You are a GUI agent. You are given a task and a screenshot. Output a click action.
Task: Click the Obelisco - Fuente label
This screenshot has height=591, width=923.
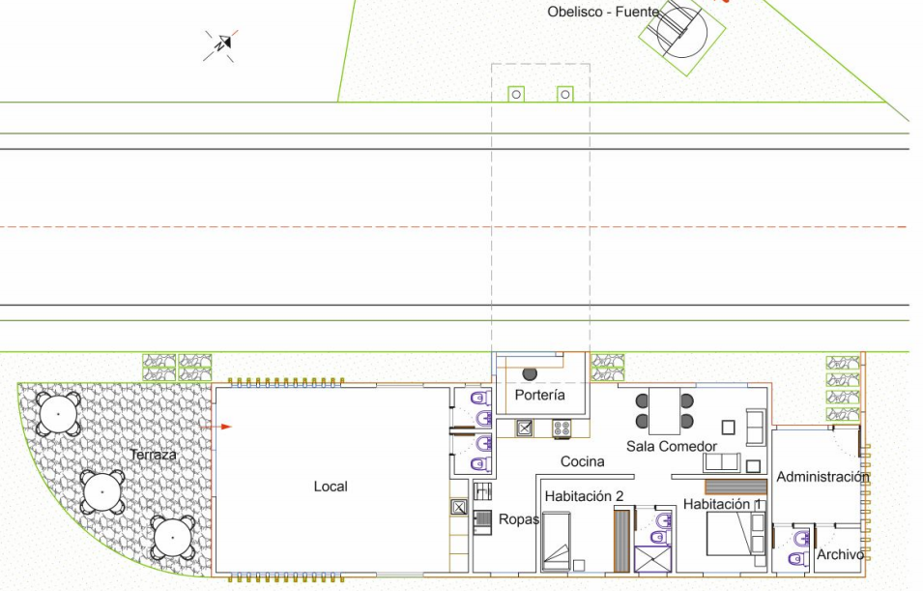[x=603, y=12]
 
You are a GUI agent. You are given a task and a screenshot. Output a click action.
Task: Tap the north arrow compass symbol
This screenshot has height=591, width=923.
[x=221, y=44]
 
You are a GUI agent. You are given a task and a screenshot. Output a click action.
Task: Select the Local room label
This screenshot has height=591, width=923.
[x=331, y=487]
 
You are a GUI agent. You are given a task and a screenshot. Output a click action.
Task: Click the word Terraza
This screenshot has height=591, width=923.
[x=153, y=455]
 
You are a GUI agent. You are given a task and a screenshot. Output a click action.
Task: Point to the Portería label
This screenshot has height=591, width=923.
[x=540, y=395]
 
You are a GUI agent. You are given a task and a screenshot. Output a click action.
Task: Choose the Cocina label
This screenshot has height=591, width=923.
[x=582, y=461]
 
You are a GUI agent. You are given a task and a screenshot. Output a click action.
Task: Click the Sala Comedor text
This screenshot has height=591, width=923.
[x=672, y=446]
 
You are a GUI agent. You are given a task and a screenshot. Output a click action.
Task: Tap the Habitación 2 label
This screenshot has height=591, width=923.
[x=584, y=496]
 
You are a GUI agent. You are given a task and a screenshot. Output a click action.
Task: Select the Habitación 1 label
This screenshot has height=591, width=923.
[x=723, y=504]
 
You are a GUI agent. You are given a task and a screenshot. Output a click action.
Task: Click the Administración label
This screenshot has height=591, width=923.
[x=822, y=477]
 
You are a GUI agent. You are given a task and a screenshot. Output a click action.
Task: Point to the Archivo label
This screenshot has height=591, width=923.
[x=840, y=554]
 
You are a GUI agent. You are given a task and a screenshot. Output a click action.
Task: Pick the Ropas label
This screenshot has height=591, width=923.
[x=519, y=519]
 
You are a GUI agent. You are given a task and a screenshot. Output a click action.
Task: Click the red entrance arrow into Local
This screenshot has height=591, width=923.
[x=216, y=427]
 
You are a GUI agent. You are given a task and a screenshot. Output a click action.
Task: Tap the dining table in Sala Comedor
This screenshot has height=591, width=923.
[x=665, y=411]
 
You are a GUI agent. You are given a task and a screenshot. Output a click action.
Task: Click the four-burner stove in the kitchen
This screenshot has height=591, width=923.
[x=562, y=428]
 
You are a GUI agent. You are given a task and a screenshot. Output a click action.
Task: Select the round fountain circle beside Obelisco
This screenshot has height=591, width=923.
[x=681, y=33]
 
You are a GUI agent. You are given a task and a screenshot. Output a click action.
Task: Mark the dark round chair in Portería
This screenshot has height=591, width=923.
[x=530, y=373]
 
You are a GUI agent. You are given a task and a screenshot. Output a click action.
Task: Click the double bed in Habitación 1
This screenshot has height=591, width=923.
[x=736, y=534]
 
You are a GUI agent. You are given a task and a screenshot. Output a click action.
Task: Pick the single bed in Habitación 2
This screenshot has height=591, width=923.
[x=556, y=541]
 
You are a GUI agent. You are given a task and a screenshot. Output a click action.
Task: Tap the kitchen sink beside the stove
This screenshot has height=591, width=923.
[x=525, y=428]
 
